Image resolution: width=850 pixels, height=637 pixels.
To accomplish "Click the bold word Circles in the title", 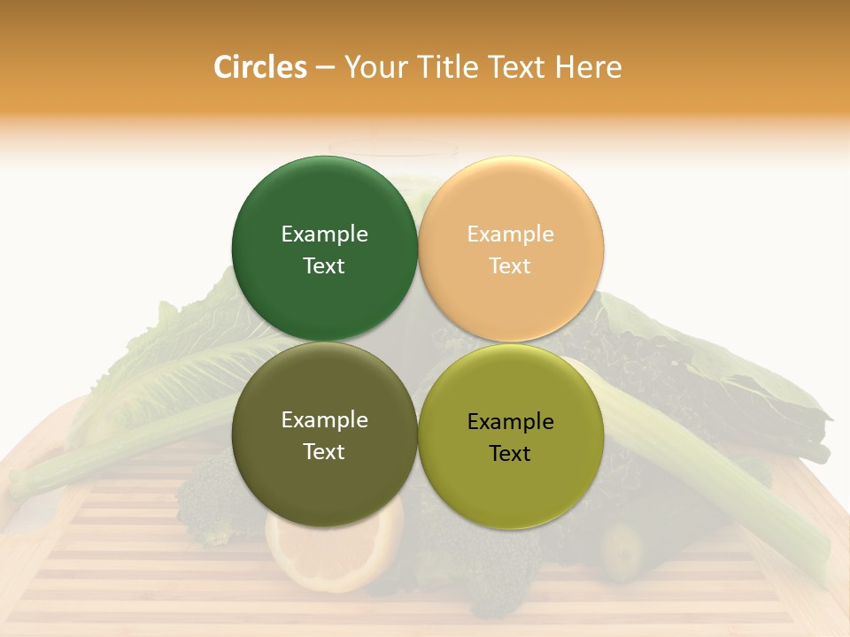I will click(260, 67).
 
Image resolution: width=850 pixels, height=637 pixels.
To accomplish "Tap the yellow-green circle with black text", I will click(511, 487).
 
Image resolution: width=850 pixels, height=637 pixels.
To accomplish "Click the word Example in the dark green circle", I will click(324, 234).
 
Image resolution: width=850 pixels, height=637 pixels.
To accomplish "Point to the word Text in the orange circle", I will click(510, 265).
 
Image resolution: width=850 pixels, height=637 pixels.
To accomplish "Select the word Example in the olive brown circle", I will click(324, 420).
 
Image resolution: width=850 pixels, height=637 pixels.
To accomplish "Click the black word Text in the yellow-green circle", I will click(510, 453).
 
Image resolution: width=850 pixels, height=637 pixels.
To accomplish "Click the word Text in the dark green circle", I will click(324, 265).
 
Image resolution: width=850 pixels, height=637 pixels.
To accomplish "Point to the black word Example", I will click(510, 422).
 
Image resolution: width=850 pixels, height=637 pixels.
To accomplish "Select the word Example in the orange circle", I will click(510, 234).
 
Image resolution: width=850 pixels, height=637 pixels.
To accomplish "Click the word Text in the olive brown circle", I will click(324, 451).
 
